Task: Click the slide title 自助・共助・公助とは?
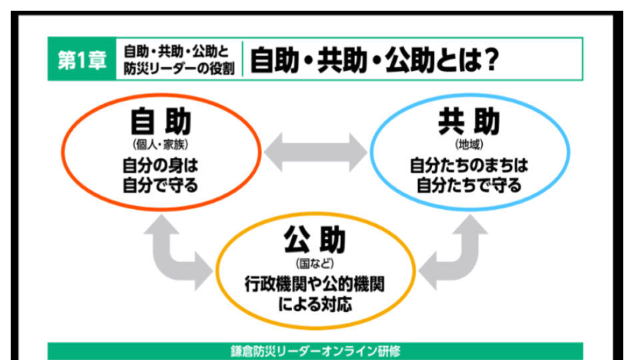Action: click(373, 61)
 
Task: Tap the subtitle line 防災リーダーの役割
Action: click(178, 69)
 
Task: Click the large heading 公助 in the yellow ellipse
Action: click(315, 240)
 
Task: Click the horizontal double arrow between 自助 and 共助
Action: click(315, 152)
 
